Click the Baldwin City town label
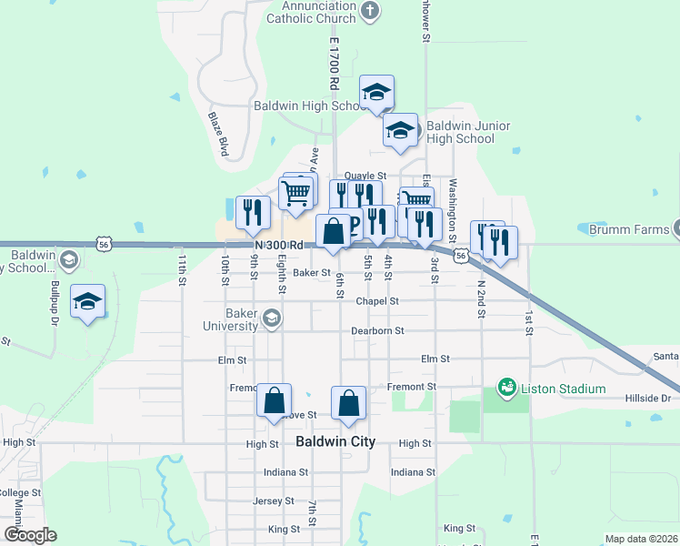[335, 442]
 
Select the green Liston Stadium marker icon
[507, 389]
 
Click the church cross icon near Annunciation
[369, 11]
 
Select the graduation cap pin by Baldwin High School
[376, 92]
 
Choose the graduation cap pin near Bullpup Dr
[87, 302]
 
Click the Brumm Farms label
[628, 230]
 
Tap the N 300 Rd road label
[278, 246]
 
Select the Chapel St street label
[377, 300]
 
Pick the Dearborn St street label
[377, 331]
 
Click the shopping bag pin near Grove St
[274, 401]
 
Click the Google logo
[30, 535]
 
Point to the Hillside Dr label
[647, 399]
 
